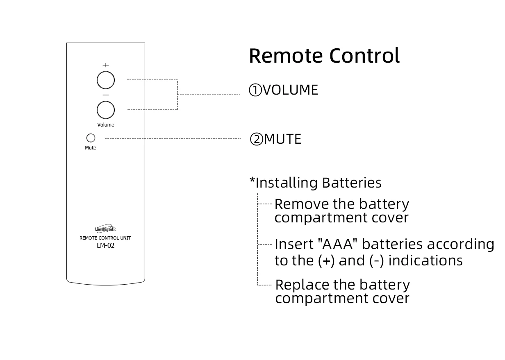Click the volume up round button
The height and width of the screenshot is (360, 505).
pyautogui.click(x=106, y=80)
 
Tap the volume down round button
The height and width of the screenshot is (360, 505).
pyautogui.click(x=106, y=110)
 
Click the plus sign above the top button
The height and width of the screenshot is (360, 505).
pyautogui.click(x=106, y=65)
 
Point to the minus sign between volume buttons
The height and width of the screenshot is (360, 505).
pyautogui.click(x=106, y=95)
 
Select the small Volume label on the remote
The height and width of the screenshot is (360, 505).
pyautogui.click(x=106, y=125)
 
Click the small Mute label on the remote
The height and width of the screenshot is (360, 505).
pyautogui.click(x=91, y=148)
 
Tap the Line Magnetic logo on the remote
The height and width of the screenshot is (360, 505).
pyautogui.click(x=106, y=229)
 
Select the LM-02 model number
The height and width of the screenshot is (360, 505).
pyautogui.click(x=105, y=246)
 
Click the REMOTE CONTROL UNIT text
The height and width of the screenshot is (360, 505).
pyautogui.click(x=105, y=238)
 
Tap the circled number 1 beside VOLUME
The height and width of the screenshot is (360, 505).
pyautogui.click(x=255, y=90)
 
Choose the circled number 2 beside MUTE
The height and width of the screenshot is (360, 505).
pyautogui.click(x=257, y=140)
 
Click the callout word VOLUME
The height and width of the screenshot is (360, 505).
pyautogui.click(x=290, y=90)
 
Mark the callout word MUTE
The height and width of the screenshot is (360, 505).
pyautogui.click(x=283, y=139)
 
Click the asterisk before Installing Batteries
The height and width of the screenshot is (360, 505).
pyautogui.click(x=252, y=181)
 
